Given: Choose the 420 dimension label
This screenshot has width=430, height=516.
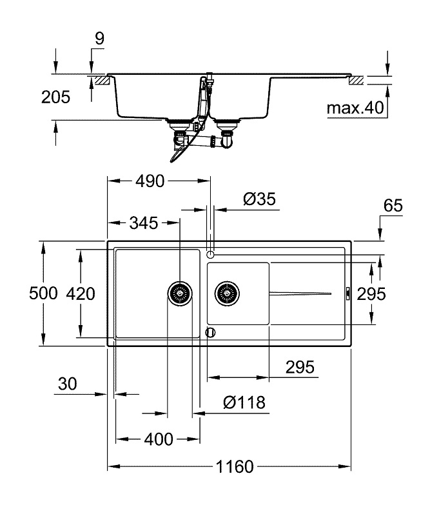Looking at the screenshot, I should click(x=81, y=294).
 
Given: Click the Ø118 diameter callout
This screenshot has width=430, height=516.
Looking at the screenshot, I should click(x=244, y=402).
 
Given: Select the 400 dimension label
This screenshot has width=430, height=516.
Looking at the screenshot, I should click(x=158, y=440).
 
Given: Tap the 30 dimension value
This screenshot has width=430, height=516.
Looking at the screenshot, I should click(x=67, y=384).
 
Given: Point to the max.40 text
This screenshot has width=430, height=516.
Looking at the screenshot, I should click(x=354, y=108).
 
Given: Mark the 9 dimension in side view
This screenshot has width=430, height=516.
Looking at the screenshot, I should click(x=99, y=39).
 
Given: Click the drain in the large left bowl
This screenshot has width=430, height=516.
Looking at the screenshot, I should click(x=179, y=293).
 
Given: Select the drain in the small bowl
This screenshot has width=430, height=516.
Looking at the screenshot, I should click(x=228, y=293).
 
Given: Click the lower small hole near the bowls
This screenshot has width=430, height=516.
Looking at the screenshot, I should click(x=209, y=332).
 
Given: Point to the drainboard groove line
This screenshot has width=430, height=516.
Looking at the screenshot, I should click(x=300, y=293).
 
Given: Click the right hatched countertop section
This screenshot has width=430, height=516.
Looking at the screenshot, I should click(x=356, y=81).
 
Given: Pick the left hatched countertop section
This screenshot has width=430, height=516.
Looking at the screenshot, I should click(x=100, y=81).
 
